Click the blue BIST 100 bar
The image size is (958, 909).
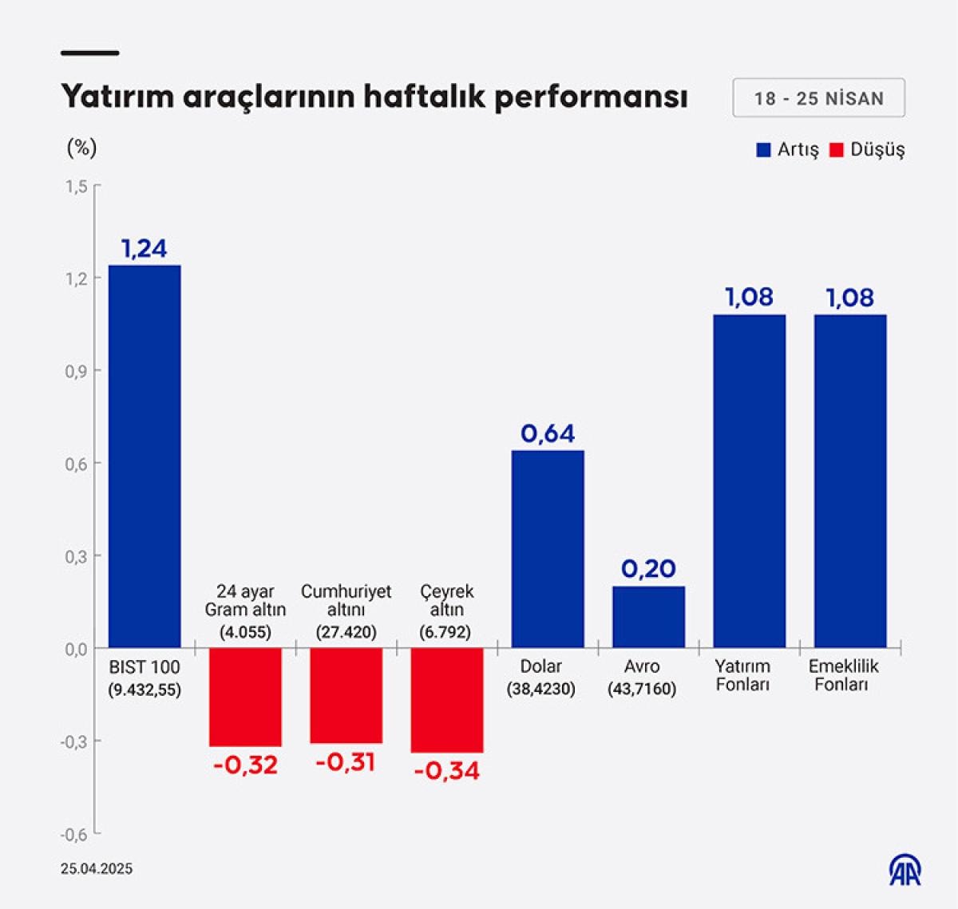[x=144, y=456]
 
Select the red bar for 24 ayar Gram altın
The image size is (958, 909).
[x=245, y=697]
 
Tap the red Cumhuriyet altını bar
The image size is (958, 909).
[x=346, y=695]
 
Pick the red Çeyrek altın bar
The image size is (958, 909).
[x=447, y=700]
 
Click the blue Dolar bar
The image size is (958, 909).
[x=548, y=548]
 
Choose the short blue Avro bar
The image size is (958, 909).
[x=648, y=617]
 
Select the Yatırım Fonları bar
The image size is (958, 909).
[x=749, y=480]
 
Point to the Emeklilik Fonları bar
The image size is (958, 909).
[x=850, y=480]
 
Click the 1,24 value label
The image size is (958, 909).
[x=144, y=249]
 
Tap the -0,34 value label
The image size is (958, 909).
[x=447, y=771]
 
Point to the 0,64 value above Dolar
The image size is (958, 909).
[x=548, y=433]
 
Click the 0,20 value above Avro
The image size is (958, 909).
[x=648, y=569]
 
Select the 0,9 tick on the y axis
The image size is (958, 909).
[x=76, y=371]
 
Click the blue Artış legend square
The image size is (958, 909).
[x=763, y=150]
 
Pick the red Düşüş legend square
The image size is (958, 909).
[x=836, y=150]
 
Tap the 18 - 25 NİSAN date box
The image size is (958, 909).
[x=818, y=98]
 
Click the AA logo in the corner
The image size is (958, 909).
[x=905, y=870]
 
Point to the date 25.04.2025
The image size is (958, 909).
[x=97, y=869]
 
